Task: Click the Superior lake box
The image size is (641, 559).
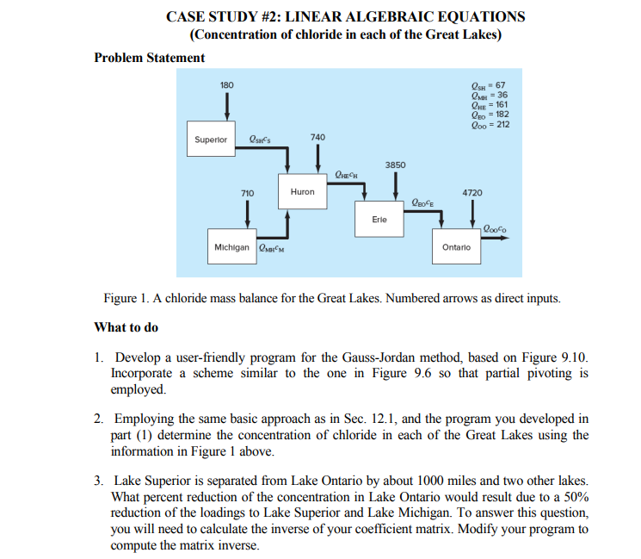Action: (211, 139)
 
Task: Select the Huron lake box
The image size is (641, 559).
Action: (302, 191)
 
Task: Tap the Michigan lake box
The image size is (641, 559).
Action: (231, 248)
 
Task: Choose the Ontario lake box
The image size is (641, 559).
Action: (455, 248)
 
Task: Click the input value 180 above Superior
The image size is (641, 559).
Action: (226, 84)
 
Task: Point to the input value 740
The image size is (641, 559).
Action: (317, 138)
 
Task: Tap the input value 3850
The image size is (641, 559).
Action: (395, 164)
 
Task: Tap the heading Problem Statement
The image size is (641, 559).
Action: (149, 58)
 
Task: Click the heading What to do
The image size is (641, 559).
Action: (126, 327)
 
